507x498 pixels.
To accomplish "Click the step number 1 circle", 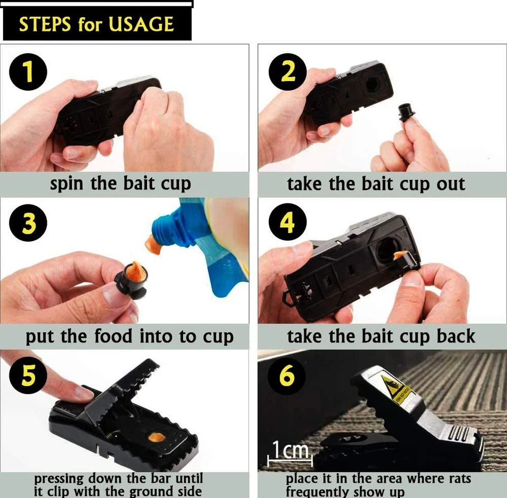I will click(28, 72).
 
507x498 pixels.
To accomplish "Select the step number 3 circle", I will click(28, 223).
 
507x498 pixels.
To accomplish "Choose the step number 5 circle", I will click(28, 375).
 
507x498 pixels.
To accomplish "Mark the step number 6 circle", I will click(287, 375).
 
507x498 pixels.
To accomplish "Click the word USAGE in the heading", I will click(141, 24).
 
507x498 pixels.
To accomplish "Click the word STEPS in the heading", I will click(45, 24).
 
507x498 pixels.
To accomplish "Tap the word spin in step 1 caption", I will click(66, 184).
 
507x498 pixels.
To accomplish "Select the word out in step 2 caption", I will click(450, 184).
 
